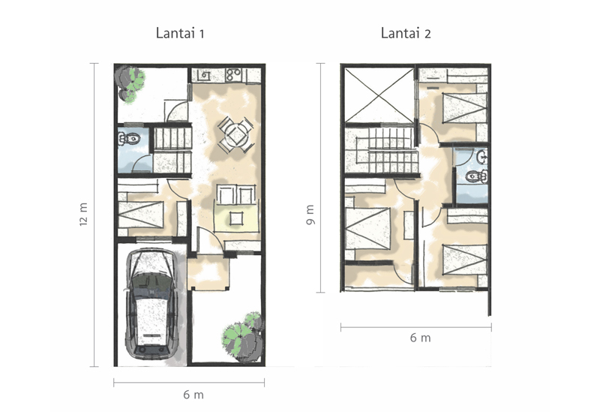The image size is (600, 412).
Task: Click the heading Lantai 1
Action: [x=180, y=33]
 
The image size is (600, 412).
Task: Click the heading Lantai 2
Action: [x=406, y=33]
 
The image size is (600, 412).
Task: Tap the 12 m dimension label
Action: [x=84, y=214]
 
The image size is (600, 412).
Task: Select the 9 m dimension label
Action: [x=310, y=215]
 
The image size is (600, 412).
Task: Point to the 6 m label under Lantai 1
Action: [x=193, y=395]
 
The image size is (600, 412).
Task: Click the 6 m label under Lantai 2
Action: [x=420, y=338]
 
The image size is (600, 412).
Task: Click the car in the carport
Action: [x=152, y=305]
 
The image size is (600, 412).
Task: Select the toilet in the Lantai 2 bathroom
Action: [x=476, y=176]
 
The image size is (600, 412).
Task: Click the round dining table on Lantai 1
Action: [x=236, y=134]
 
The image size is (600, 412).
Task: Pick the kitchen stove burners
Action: [x=233, y=74]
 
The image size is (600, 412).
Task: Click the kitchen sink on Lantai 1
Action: [x=204, y=75]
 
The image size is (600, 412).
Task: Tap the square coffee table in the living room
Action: [x=236, y=218]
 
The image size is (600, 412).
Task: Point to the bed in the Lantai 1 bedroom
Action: [x=141, y=215]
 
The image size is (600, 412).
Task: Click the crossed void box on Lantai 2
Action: [x=379, y=95]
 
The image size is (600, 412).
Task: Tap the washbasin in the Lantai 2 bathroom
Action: [x=483, y=157]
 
